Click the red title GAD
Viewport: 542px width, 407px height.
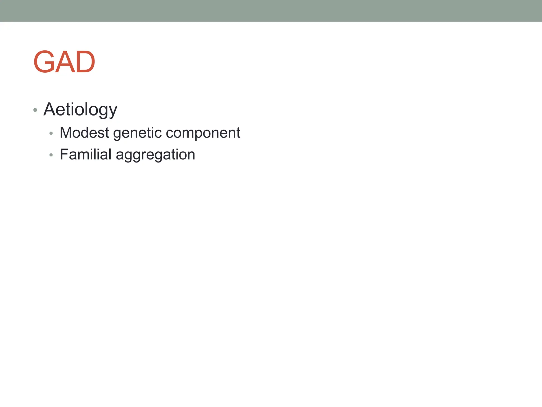[64, 62]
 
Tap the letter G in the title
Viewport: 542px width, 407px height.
[44, 62]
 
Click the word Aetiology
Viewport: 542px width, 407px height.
[80, 109]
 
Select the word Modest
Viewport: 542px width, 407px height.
[84, 132]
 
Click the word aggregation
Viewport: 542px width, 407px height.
[155, 155]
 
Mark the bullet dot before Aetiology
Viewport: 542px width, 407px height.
[35, 110]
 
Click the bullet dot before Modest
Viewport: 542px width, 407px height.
[51, 133]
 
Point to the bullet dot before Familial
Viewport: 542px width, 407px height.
[51, 155]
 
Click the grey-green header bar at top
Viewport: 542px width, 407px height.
[271, 11]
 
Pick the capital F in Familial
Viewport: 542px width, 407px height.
[64, 154]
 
